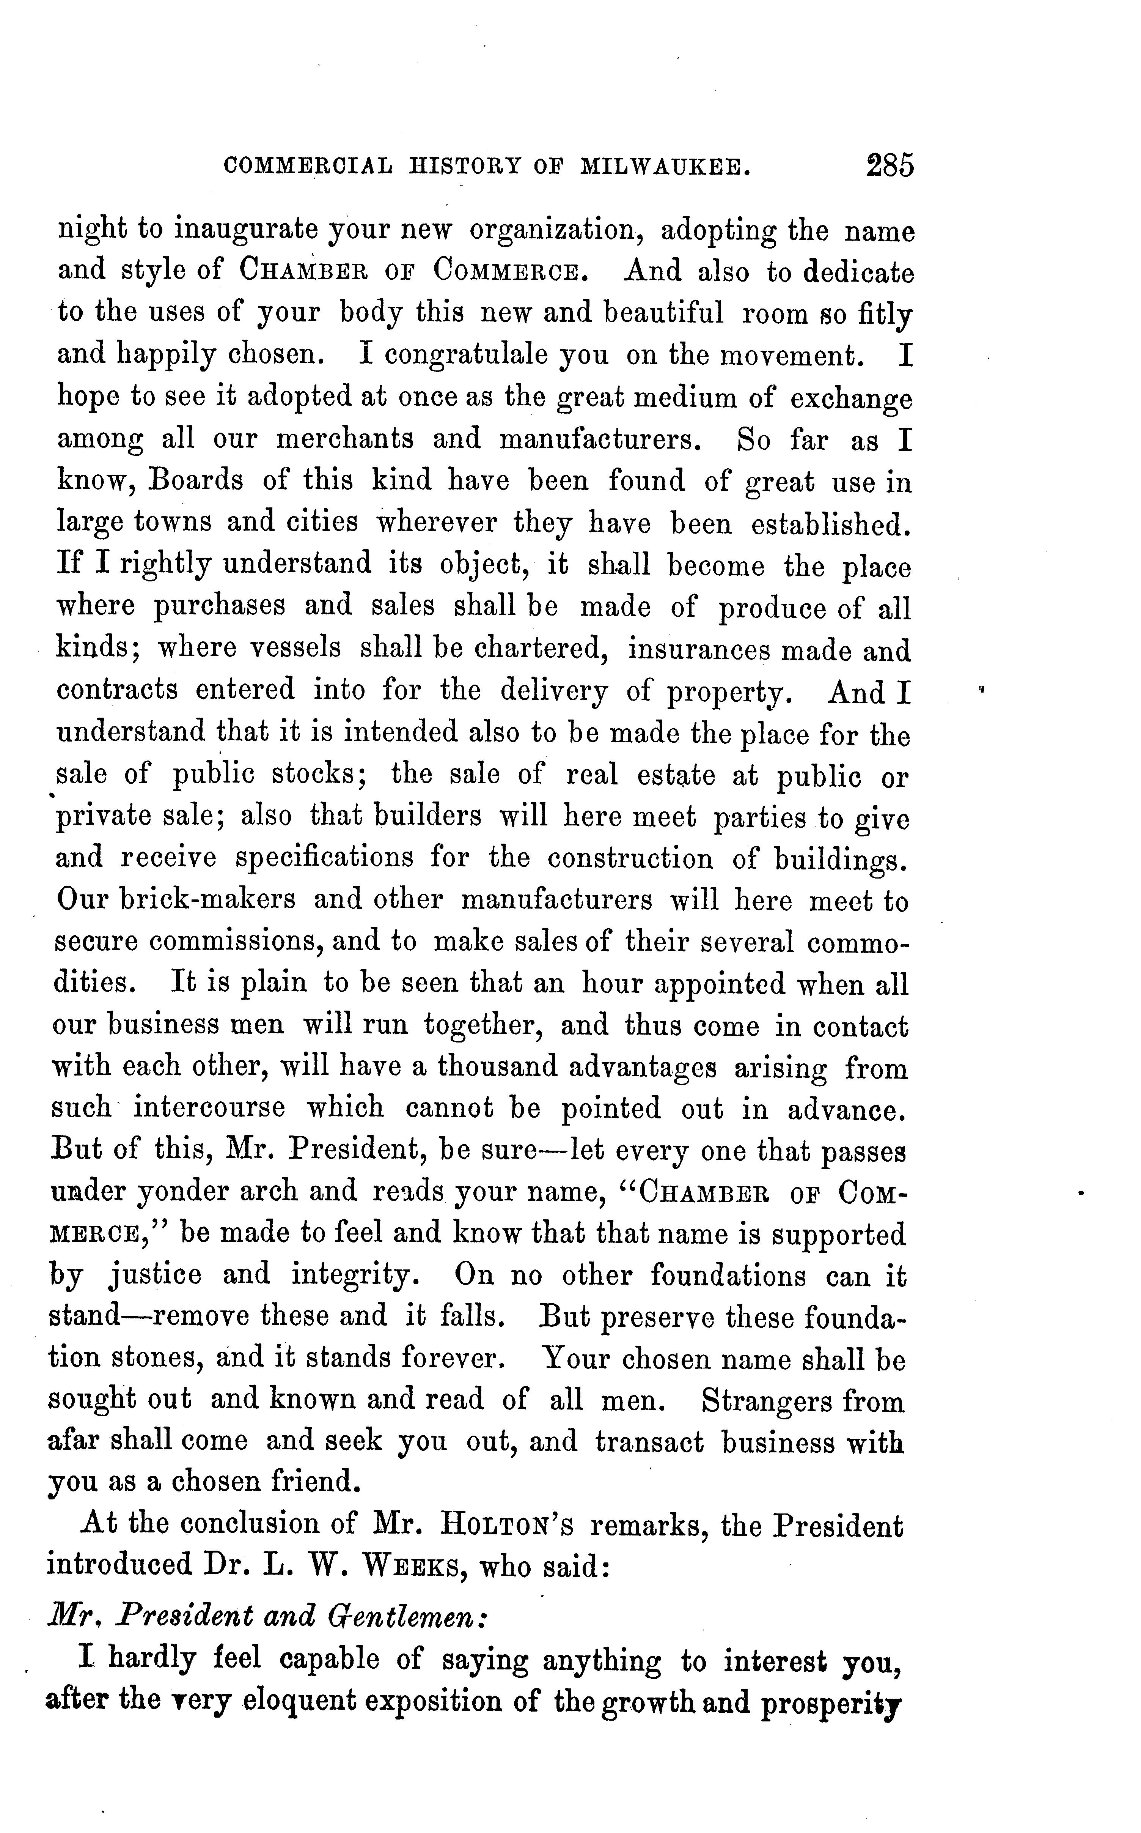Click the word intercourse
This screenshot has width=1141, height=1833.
[210, 1107]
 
